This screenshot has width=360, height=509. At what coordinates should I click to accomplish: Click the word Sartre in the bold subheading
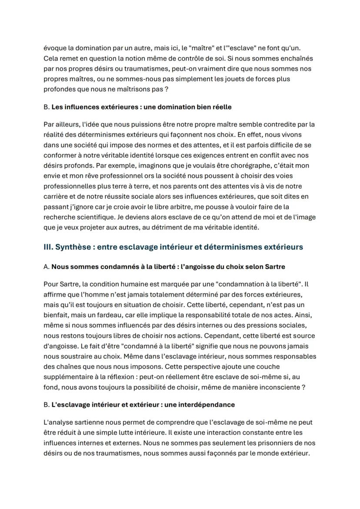(x=274, y=266)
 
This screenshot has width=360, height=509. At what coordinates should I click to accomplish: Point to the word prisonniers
(x=238, y=443)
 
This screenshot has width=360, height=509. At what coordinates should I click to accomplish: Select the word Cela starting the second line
(x=51, y=58)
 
